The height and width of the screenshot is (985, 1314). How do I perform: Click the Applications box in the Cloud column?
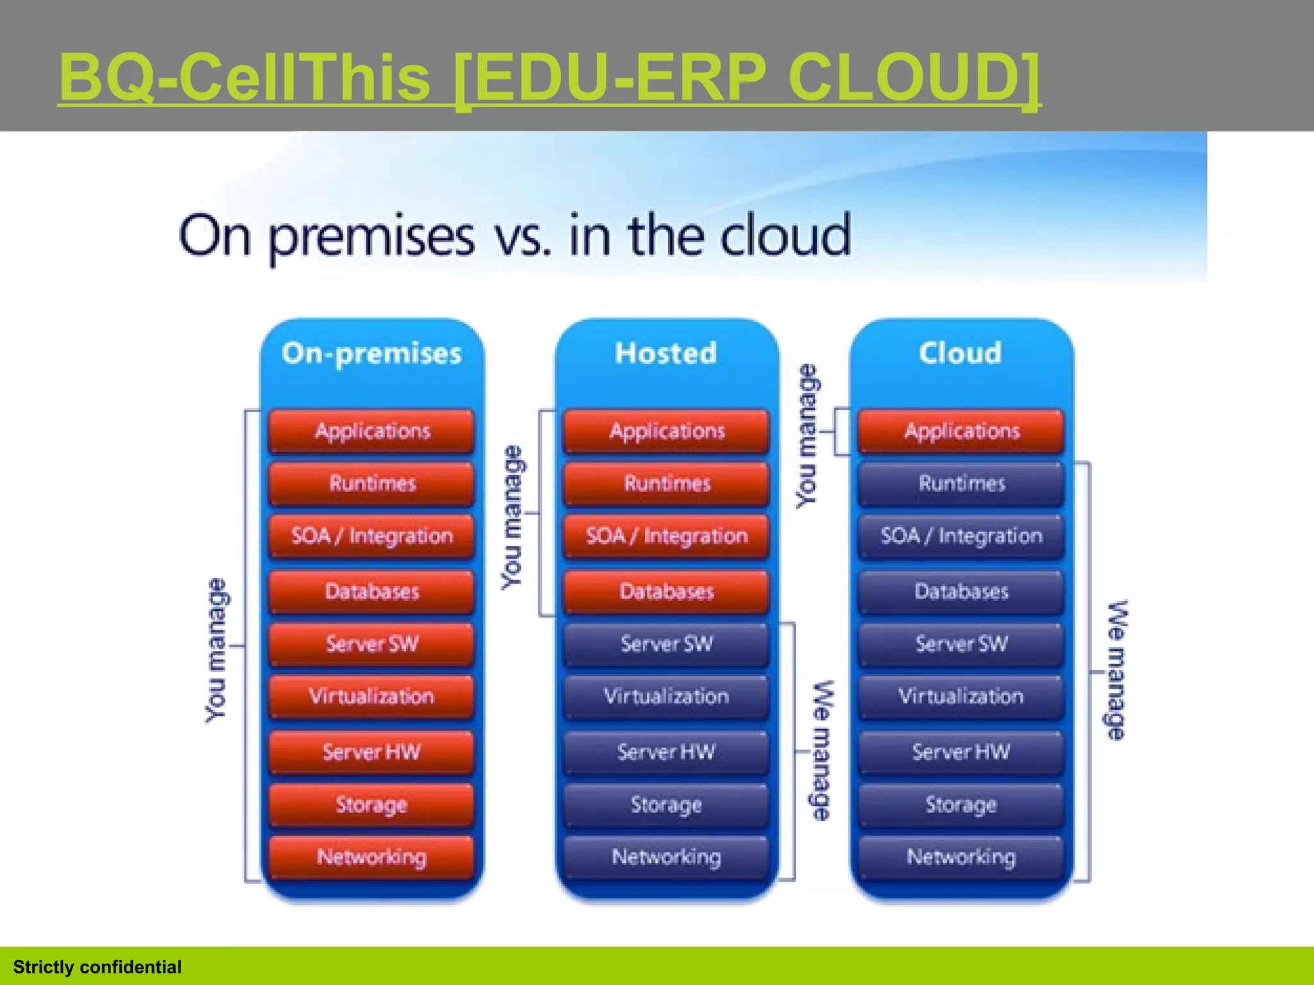[961, 431]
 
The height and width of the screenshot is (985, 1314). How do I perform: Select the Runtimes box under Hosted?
[667, 483]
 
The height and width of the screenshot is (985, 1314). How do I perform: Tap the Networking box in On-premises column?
[371, 857]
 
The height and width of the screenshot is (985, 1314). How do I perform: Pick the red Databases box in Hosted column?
[667, 591]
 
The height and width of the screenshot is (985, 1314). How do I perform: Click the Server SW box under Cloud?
[961, 643]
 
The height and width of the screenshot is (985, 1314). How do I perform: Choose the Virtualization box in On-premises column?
[371, 696]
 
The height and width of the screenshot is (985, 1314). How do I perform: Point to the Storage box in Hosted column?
[667, 804]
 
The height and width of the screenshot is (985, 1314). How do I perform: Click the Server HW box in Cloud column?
[961, 752]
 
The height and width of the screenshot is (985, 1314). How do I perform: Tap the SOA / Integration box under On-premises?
[371, 535]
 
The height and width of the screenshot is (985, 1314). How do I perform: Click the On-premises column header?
[371, 353]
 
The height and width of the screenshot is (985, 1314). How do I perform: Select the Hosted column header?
[666, 353]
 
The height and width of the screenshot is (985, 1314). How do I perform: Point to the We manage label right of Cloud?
[1117, 670]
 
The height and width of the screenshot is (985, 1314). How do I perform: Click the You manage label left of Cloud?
[807, 436]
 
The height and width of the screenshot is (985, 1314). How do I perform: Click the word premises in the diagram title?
[371, 238]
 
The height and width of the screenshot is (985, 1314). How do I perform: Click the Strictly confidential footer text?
[97, 967]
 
